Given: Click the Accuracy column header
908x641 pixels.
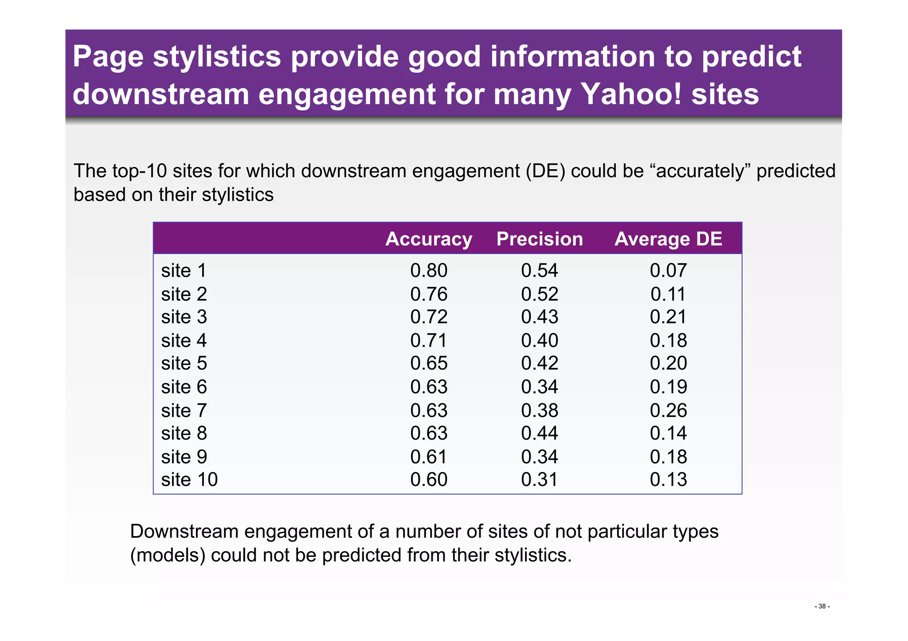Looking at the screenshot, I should (x=428, y=239).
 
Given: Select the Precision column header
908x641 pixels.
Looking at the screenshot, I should (x=540, y=239).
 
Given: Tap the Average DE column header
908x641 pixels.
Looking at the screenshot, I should (x=668, y=239).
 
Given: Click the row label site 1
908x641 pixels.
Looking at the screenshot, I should (x=184, y=271).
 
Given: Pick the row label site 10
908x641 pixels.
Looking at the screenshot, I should (x=189, y=480).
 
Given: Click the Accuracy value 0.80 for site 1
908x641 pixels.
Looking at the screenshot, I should (x=428, y=271).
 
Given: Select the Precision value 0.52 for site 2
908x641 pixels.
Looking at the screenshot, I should (x=540, y=294).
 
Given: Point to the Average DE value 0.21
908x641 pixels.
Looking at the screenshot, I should (x=668, y=317).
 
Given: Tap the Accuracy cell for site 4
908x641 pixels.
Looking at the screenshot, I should (x=428, y=341).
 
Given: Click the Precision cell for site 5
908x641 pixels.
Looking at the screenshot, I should (x=540, y=363).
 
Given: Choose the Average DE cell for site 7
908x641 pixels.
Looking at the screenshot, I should (x=668, y=411).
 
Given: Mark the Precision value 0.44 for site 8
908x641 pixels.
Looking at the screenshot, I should (x=540, y=433).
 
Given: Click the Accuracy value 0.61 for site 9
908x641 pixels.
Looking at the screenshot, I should (x=428, y=457).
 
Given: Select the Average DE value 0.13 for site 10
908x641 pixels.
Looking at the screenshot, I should (x=668, y=480).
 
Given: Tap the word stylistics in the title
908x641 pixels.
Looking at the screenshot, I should (x=217, y=57).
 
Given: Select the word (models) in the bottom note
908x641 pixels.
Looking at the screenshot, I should (x=168, y=555).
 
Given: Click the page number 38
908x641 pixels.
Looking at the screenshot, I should (x=822, y=606).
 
